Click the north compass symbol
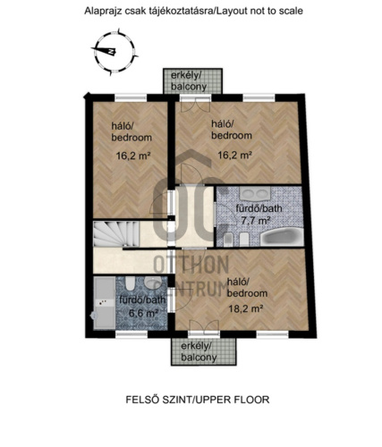click(114, 51)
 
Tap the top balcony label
click(189, 81)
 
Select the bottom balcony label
click(199, 352)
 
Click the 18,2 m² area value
click(245, 308)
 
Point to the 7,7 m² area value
click(256, 221)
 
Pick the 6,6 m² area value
click(143, 313)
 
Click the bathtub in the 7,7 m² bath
click(281, 237)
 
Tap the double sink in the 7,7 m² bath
click(254, 194)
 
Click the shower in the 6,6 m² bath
click(105, 303)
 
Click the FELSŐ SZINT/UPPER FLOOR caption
click(198, 400)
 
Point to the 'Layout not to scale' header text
click(259, 11)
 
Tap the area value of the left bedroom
click(133, 156)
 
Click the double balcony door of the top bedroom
click(195, 105)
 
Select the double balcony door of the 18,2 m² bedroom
click(204, 328)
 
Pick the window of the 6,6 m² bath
click(132, 334)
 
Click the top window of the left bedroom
click(131, 97)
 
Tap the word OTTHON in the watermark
click(191, 265)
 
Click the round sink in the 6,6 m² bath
click(151, 283)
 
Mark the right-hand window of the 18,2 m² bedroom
click(273, 334)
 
